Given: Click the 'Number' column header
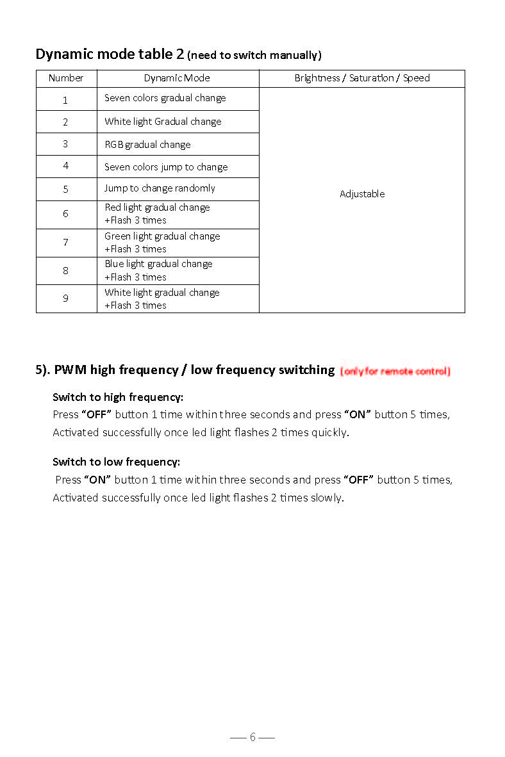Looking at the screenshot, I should (66, 78).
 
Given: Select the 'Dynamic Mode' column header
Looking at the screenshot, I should (177, 78).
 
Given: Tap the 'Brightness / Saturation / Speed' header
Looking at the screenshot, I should (362, 78).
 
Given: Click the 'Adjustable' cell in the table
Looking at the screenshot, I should (362, 194).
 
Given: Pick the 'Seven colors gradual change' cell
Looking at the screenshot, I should (165, 98).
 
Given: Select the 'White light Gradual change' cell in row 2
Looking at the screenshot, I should (163, 122).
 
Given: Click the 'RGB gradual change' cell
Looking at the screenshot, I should (147, 145).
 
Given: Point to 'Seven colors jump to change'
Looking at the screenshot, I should (166, 167).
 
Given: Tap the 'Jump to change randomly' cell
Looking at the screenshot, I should (160, 188).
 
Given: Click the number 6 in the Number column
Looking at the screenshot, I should (65, 214).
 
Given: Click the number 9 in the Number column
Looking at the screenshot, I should (65, 298).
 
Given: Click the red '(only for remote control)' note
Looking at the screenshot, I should (395, 371).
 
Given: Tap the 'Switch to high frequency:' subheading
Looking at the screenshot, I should (118, 397).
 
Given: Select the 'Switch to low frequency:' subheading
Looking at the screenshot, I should (116, 462).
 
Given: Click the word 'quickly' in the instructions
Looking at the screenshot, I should (329, 432).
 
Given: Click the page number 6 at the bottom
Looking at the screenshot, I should (252, 737).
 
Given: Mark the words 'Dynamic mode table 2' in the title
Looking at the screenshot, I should (110, 54).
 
